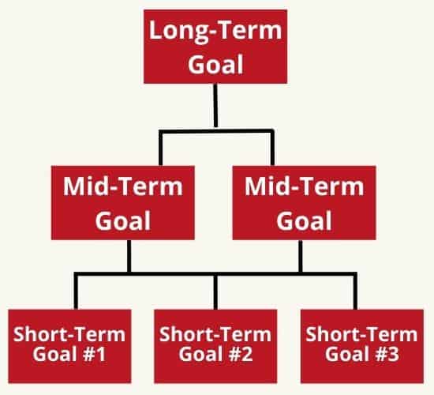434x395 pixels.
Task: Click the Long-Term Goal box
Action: [215, 47]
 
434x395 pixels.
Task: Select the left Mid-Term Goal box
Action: [123, 202]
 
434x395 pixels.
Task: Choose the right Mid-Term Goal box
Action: [304, 202]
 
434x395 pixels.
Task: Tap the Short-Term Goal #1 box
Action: [69, 346]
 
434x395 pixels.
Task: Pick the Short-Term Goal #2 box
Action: [215, 346]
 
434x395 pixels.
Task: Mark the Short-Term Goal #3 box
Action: [362, 346]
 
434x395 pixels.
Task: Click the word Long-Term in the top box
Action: [215, 31]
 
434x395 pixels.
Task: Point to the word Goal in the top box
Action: [215, 64]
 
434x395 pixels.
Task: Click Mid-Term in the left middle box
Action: [123, 186]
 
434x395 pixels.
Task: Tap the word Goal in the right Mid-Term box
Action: [304, 220]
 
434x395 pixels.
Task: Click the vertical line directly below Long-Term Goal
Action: [215, 106]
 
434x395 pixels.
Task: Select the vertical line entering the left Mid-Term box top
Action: [160, 149]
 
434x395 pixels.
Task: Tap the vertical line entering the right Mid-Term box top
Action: [272, 148]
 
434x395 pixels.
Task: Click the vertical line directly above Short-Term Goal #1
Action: [76, 292]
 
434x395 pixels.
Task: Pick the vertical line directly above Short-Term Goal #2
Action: [215, 292]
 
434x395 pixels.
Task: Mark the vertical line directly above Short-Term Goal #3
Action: [355, 292]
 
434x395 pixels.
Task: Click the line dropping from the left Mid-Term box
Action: [129, 257]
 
